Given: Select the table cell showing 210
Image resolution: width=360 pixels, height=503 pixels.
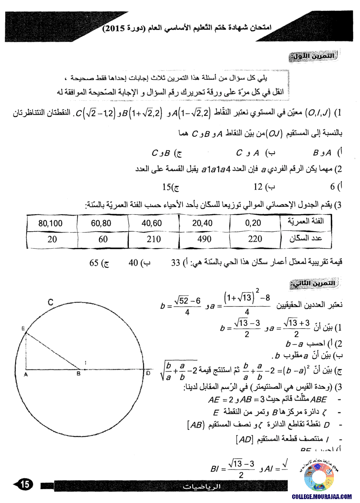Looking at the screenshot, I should coord(151,239).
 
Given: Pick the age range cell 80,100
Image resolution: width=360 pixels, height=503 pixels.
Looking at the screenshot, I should coord(50,223).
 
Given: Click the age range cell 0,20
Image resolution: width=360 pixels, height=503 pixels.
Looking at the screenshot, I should coord(252,223).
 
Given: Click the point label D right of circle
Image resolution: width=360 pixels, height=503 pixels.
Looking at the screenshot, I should coord(148,373).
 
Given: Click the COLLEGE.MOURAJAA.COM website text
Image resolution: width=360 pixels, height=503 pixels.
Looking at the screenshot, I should coord(322,496).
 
